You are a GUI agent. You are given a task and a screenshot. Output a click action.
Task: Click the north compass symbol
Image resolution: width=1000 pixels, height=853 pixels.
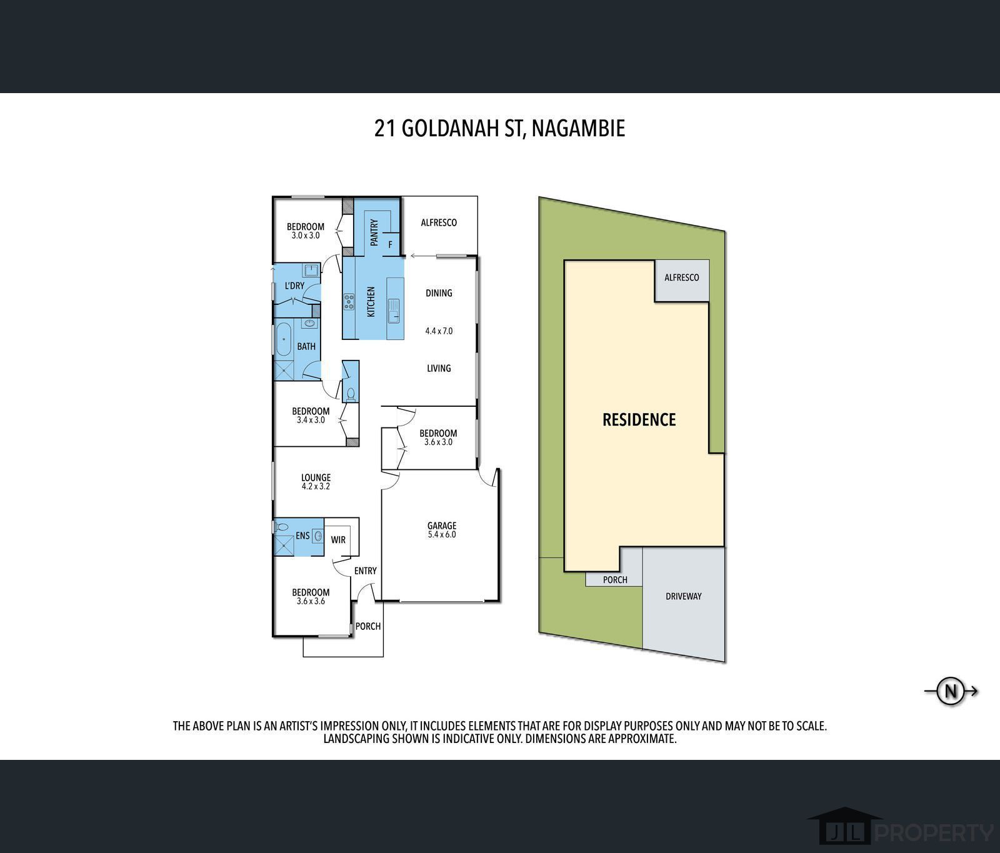click(951, 691)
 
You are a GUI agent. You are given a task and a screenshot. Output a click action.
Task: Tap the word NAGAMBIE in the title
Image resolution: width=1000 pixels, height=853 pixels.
click(579, 128)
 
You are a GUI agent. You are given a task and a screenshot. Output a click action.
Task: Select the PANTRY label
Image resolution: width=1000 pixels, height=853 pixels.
click(374, 232)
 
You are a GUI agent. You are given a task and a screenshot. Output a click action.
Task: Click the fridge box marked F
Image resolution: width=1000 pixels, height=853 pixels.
click(391, 244)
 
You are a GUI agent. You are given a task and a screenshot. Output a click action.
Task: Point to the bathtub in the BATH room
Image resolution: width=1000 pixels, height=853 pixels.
click(284, 340)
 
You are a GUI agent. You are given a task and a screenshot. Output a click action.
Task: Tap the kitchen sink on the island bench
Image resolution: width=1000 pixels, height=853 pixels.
click(393, 311)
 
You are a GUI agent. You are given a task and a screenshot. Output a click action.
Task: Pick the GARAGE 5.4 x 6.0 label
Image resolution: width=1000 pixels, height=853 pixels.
click(442, 530)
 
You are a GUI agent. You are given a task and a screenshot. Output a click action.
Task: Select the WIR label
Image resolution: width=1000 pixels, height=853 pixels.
click(338, 539)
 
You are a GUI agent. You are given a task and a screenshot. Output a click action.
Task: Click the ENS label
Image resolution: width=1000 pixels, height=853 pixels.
click(302, 536)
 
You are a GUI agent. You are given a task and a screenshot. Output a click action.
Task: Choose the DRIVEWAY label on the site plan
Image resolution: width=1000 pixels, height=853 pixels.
click(683, 596)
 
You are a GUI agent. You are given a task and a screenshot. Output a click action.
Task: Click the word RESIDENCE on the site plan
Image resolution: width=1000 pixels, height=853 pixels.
click(639, 419)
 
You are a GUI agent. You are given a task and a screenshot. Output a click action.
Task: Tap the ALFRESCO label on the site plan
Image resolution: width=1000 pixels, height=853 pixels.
click(682, 277)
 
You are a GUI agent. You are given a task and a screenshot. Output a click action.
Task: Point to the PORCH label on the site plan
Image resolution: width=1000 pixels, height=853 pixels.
click(615, 580)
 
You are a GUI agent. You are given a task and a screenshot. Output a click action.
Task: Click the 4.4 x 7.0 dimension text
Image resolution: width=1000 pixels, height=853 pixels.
click(439, 331)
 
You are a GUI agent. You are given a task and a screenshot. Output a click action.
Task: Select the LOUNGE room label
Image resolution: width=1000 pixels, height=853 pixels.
click(316, 477)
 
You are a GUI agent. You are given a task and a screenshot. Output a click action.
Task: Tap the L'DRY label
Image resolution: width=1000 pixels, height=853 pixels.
click(295, 286)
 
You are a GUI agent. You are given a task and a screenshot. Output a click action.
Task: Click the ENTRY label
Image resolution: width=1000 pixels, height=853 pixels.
click(366, 571)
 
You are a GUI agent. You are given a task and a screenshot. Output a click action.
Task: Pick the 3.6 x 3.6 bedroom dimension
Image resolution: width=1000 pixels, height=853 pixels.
click(311, 601)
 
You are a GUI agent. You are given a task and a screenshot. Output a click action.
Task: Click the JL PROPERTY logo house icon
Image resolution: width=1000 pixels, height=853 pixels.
click(844, 826)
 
